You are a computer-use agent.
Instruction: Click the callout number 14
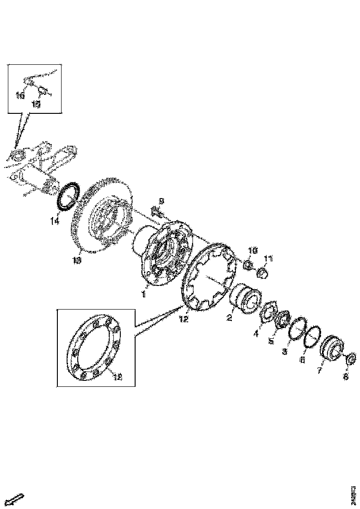pyautogui.click(x=55, y=221)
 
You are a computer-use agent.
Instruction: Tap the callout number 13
pyautogui.click(x=76, y=261)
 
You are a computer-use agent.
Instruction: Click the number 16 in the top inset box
pyautogui.click(x=20, y=95)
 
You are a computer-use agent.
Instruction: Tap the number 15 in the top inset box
pyautogui.click(x=36, y=104)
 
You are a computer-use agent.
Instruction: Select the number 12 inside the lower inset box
pyautogui.click(x=117, y=377)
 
